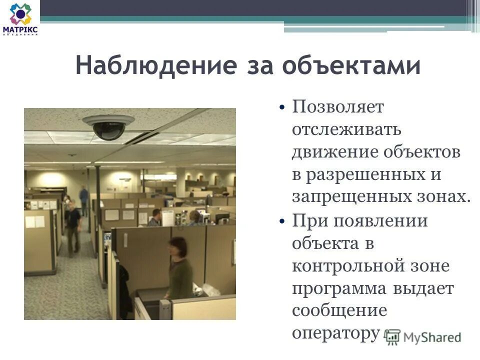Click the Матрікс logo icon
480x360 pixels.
pos(20,14)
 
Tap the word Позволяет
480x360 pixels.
pos(338,107)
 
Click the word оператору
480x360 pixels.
pos(334,332)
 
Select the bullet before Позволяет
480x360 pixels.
pos(282,107)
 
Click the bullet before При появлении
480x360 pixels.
pos(282,221)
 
